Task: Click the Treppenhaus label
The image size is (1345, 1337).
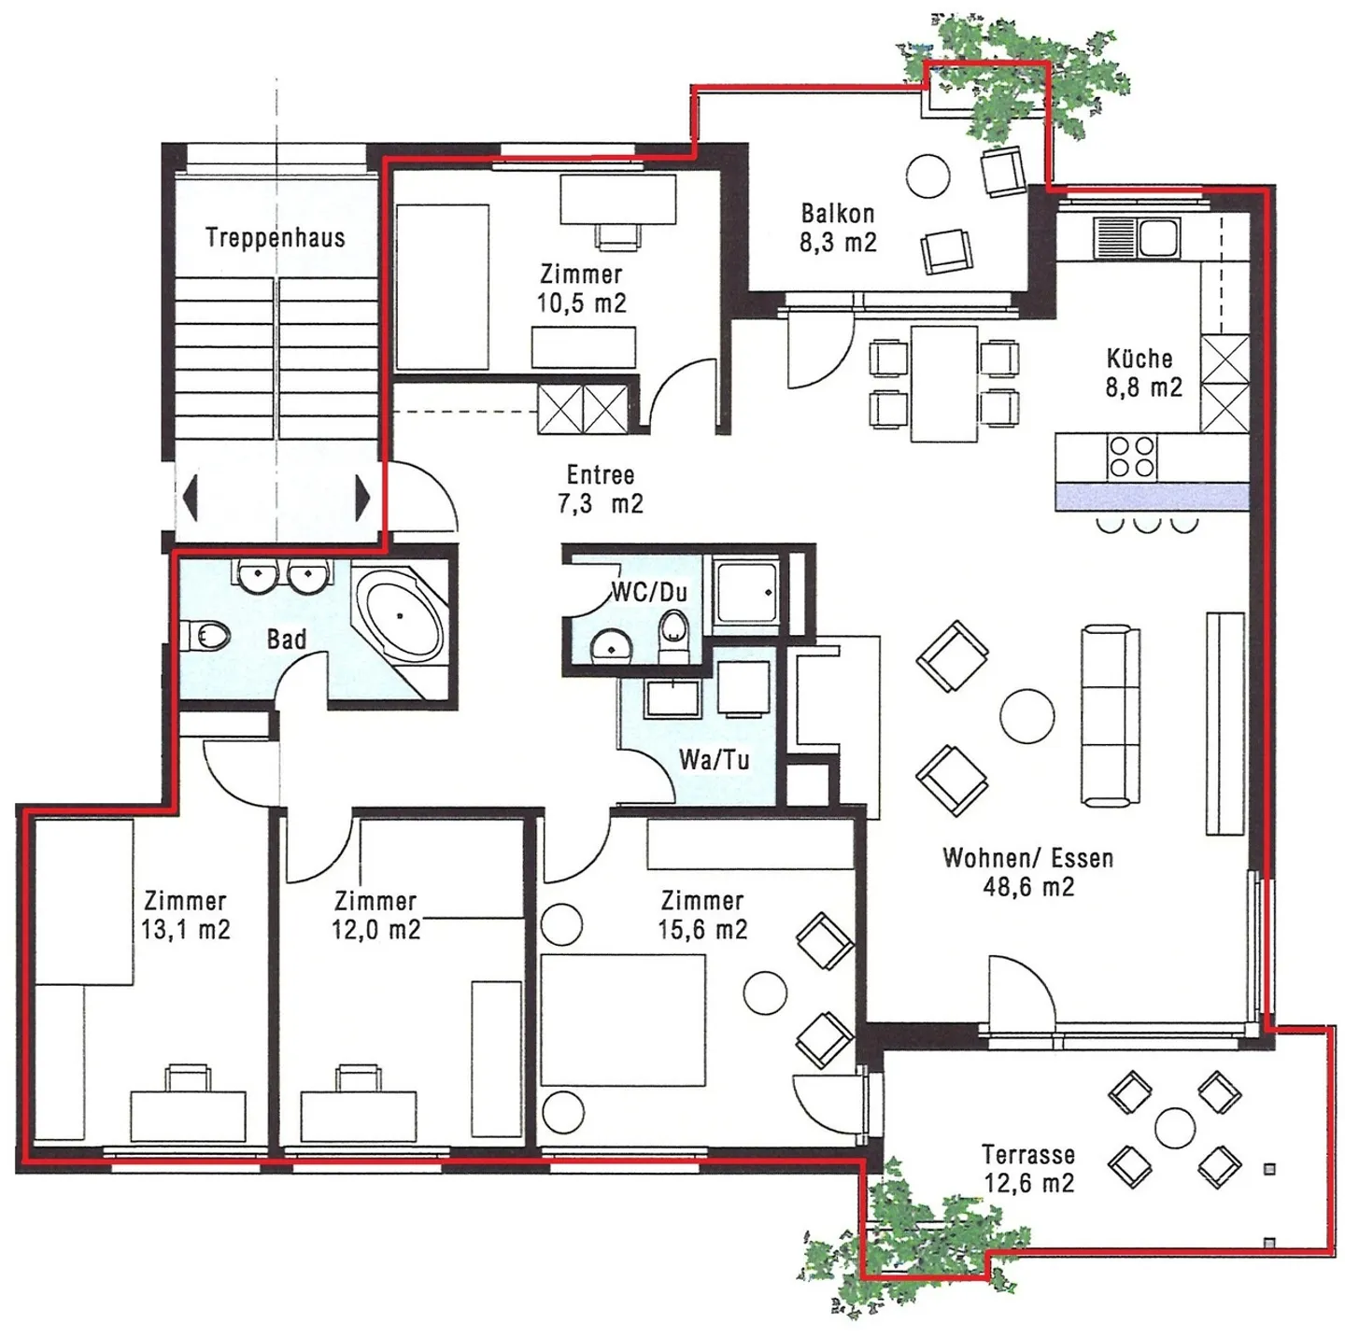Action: point(276,238)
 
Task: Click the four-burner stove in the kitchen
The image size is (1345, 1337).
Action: point(1131,457)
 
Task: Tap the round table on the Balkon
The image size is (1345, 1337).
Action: point(927,176)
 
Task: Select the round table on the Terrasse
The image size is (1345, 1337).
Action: point(1174,1128)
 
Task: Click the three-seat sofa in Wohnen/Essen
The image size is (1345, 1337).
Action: point(1111,716)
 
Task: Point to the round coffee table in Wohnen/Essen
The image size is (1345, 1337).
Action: point(1026,716)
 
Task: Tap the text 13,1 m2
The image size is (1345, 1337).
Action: point(185,930)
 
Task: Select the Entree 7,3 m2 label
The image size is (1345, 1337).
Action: point(601,489)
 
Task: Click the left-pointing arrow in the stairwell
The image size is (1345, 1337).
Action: point(191,498)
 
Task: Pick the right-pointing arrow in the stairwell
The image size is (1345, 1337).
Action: point(362,498)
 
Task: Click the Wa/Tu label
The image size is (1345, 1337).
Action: point(714,760)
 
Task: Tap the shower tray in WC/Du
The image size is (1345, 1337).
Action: point(744,591)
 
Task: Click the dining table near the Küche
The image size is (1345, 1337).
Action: point(943,383)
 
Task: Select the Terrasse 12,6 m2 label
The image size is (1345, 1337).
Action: point(1027,1169)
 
